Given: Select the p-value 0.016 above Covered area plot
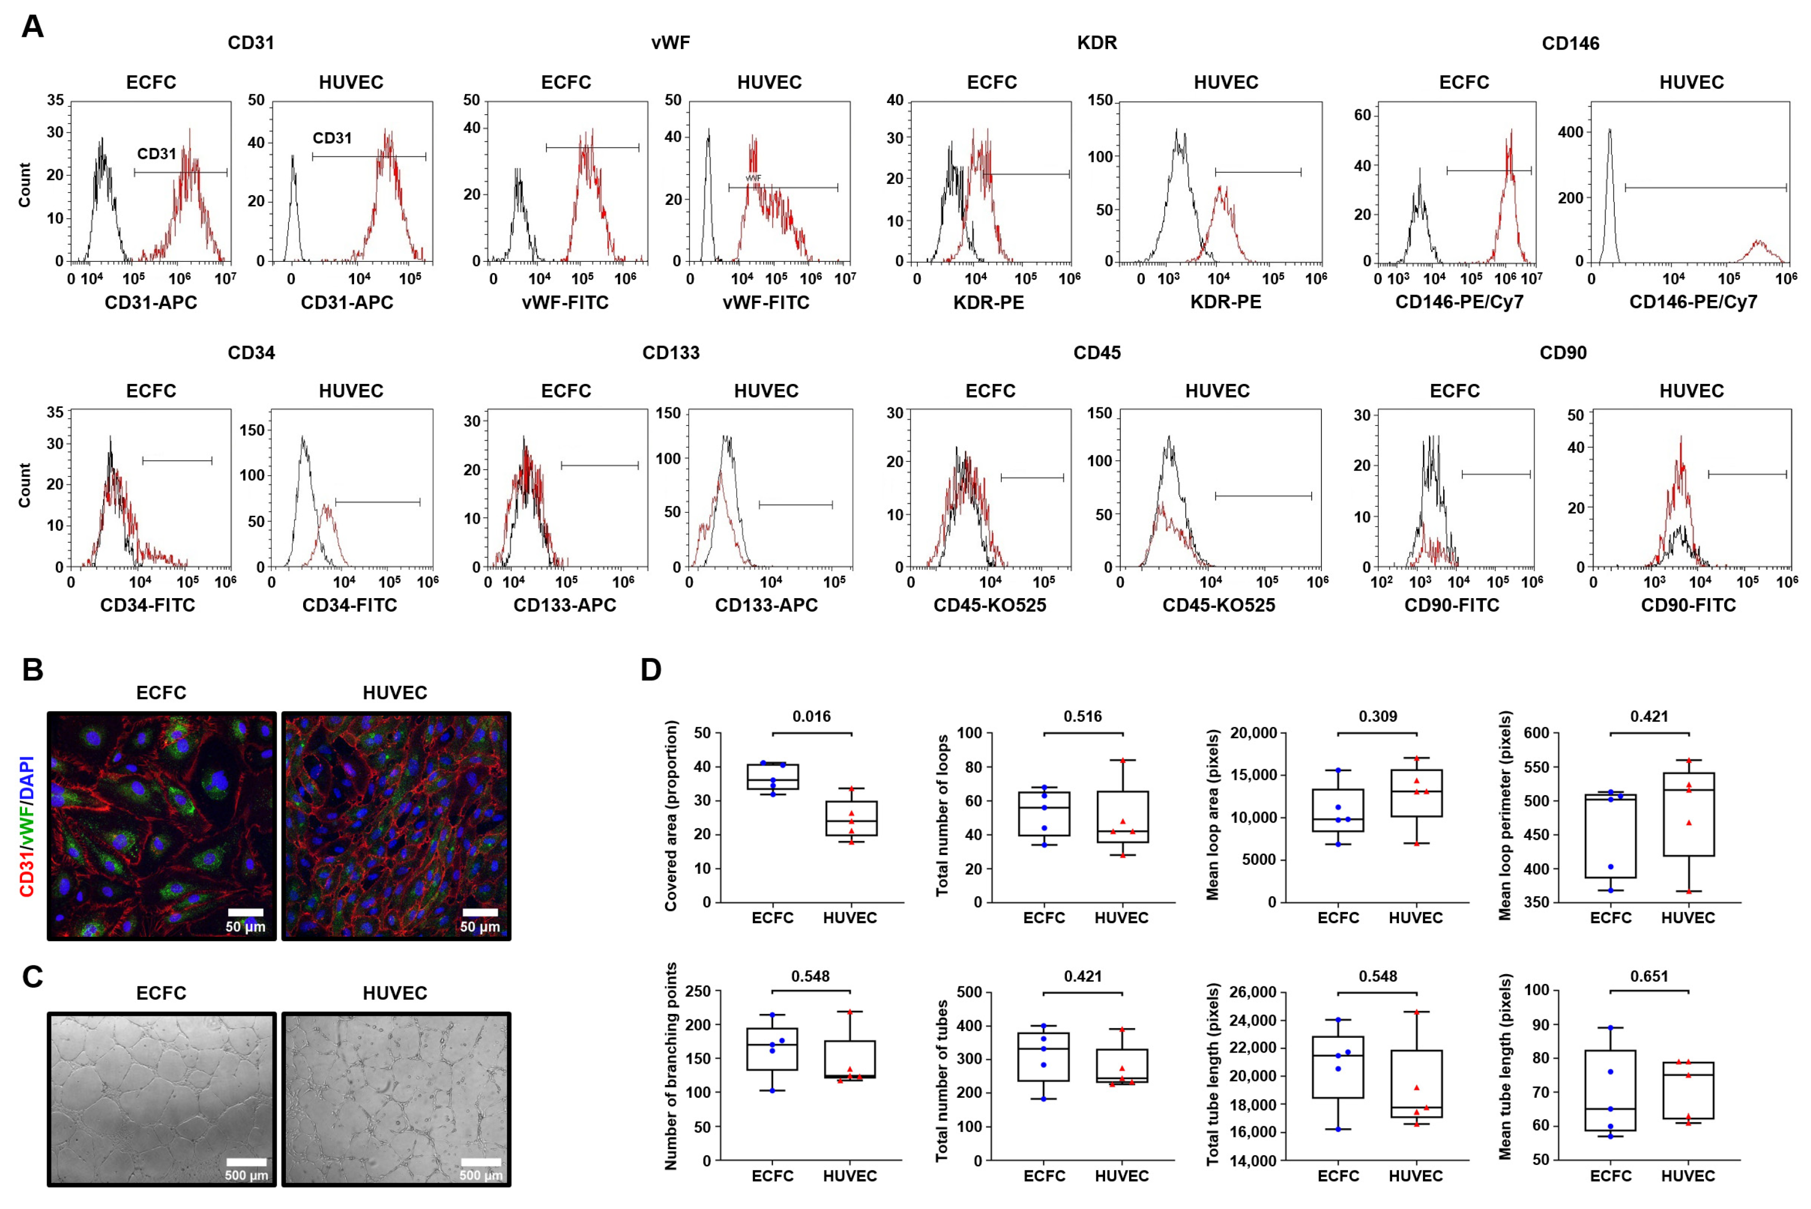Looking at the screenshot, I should pos(811,716).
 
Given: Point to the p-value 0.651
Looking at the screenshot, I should pos(1649,976).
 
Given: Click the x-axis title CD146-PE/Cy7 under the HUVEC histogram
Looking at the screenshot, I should pos(1693,302).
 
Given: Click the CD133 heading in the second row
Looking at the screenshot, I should pos(670,353).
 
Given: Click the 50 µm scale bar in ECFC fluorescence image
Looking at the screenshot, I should pos(245,913).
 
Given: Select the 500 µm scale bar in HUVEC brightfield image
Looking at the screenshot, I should pos(481,1162).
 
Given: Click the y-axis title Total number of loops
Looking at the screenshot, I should pos(942,816).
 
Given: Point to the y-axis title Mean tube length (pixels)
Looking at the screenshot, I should pos(1505,1067).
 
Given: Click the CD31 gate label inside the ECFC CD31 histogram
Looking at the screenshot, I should pos(156,154).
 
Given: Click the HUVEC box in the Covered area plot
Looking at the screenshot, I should pos(851,818).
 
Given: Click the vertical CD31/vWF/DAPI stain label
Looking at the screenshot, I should pos(27,826).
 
